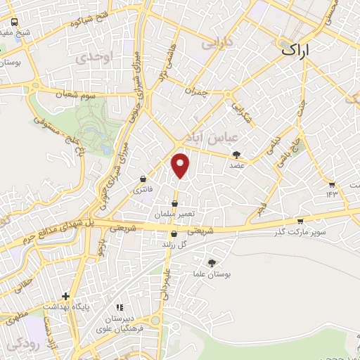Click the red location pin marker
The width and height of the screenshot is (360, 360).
181,165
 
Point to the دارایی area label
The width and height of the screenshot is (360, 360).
216,43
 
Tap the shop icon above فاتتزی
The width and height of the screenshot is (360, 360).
144,179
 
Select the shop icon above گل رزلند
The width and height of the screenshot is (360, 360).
174,234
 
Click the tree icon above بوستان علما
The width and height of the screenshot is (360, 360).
212,262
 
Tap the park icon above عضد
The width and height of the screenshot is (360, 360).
236,155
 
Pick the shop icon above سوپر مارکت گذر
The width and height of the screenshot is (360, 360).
300,220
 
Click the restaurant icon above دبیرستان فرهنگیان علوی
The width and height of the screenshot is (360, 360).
120,307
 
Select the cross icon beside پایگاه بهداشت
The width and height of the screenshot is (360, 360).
65,296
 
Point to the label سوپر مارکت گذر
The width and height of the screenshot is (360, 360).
301,231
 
